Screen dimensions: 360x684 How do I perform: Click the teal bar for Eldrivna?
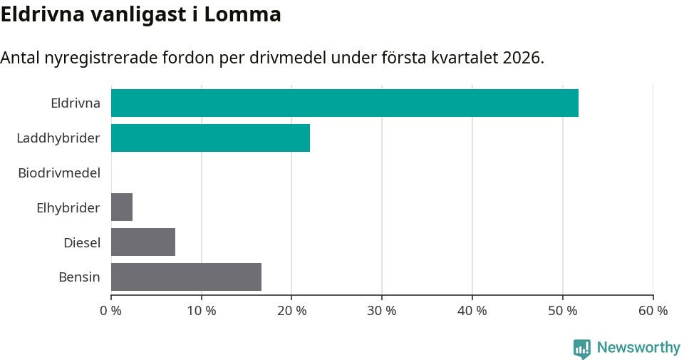click(x=344, y=103)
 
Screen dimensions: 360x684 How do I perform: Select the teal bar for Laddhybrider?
click(x=210, y=138)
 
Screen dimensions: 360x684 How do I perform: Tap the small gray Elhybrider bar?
click(x=122, y=207)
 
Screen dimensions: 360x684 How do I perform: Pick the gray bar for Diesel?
click(x=143, y=242)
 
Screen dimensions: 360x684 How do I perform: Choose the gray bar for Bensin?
click(x=186, y=277)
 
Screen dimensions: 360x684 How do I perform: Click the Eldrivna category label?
click(x=76, y=103)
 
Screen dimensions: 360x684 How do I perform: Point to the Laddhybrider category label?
click(x=58, y=138)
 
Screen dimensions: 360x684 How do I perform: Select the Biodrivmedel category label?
click(x=59, y=173)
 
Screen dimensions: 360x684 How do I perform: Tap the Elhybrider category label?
click(x=68, y=207)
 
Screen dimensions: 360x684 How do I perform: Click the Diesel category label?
click(x=82, y=242)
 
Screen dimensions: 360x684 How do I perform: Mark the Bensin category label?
click(x=79, y=277)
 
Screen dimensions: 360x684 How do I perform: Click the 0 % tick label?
click(x=111, y=311)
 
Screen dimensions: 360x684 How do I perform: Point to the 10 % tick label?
click(x=202, y=311)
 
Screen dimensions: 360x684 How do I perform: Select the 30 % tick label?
click(x=382, y=311)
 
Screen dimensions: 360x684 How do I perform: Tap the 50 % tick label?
click(x=563, y=311)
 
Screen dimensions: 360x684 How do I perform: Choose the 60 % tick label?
click(x=653, y=311)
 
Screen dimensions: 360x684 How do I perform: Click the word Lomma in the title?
click(x=243, y=14)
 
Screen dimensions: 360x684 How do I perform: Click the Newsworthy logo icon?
click(x=582, y=348)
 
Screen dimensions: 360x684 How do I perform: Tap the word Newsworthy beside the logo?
click(x=638, y=347)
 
